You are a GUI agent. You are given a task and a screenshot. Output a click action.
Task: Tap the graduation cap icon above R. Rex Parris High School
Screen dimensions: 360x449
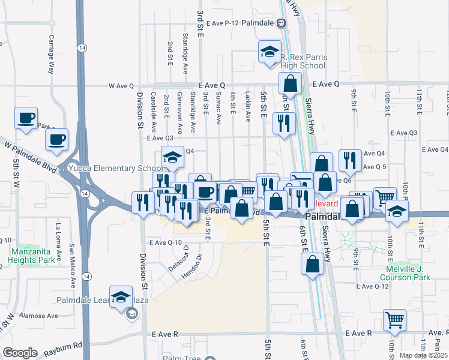click(x=270, y=52)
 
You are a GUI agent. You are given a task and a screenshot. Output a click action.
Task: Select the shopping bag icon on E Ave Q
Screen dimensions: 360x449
click(x=290, y=84)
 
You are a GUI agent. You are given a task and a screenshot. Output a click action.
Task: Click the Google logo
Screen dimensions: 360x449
click(x=20, y=353)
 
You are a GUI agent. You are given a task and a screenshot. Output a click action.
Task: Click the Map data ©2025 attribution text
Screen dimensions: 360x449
click(x=423, y=355)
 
